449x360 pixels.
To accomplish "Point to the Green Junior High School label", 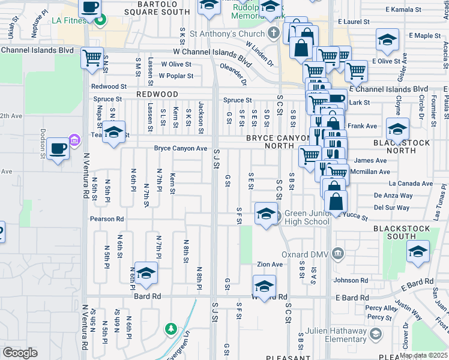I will point(307,217).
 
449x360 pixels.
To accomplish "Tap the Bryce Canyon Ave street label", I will point(180,148).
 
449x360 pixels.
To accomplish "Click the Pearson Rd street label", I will point(107,219).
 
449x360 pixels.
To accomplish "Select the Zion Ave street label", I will point(270,265).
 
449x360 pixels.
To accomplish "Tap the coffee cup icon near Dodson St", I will point(58,150).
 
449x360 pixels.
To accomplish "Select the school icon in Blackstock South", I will point(418,252).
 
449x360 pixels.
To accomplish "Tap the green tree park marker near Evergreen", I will point(171,328).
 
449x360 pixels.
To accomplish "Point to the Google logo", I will point(20,353).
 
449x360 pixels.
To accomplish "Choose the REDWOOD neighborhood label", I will point(157,95).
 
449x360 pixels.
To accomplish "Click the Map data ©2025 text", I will point(424,355).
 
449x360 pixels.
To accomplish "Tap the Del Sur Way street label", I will point(391,208).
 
